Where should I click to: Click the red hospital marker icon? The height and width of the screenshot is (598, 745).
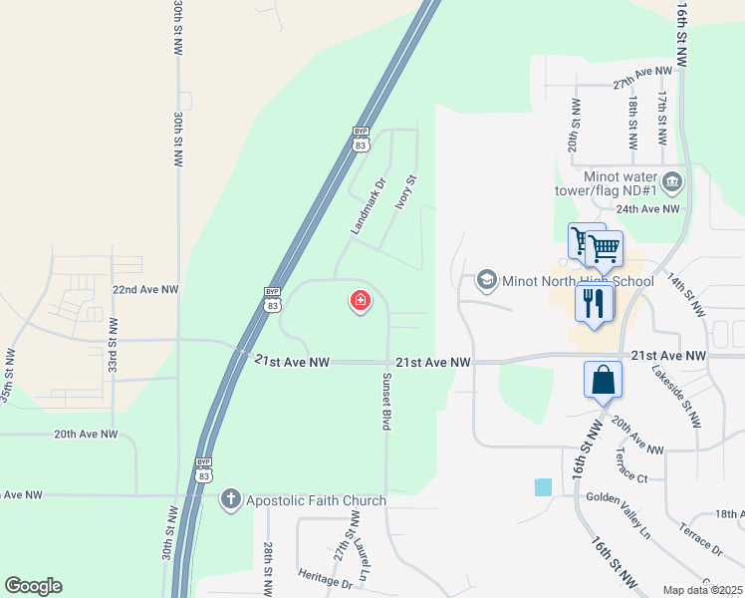pos(360,300)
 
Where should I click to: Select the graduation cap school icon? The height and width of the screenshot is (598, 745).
pos(487,279)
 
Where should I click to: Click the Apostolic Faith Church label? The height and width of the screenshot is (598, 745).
pos(303,499)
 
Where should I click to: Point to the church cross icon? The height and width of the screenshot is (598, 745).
pos(230,498)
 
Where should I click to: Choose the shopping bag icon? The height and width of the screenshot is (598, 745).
pos(603,380)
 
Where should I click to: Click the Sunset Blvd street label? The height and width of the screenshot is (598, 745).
pos(386,401)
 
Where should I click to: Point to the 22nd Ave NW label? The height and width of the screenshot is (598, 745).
pos(144,289)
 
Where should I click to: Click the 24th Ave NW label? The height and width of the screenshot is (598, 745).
pos(646,209)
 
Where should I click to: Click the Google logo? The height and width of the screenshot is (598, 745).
pos(33,586)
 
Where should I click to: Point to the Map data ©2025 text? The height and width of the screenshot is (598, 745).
pos(701,590)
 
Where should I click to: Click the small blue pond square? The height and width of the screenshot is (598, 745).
pos(543,487)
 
